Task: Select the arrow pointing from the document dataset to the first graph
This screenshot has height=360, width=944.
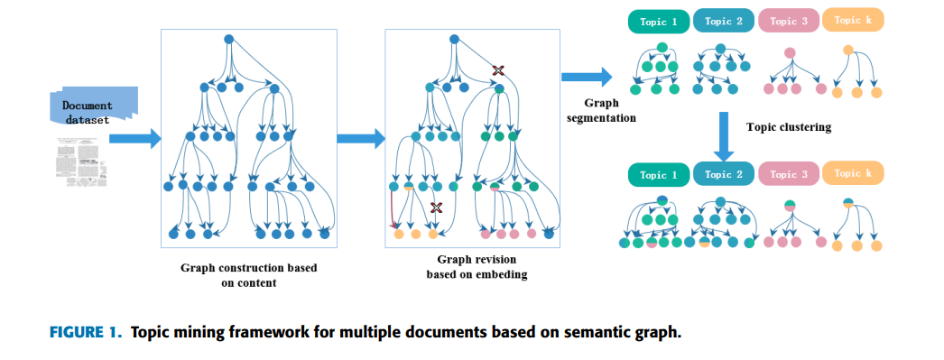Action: tap(134, 138)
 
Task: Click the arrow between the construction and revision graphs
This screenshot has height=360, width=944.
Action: tap(360, 138)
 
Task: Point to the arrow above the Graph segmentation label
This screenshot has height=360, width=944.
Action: tap(585, 78)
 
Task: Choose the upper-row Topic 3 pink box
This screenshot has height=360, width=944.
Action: tap(790, 22)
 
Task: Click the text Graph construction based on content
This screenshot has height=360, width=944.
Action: tap(249, 275)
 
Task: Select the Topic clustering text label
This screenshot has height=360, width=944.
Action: tap(788, 127)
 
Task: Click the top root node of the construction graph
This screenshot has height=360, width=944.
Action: tap(228, 39)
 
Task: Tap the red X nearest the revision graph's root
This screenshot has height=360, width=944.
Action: tap(496, 69)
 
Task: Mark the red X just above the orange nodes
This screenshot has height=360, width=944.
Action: tap(437, 208)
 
